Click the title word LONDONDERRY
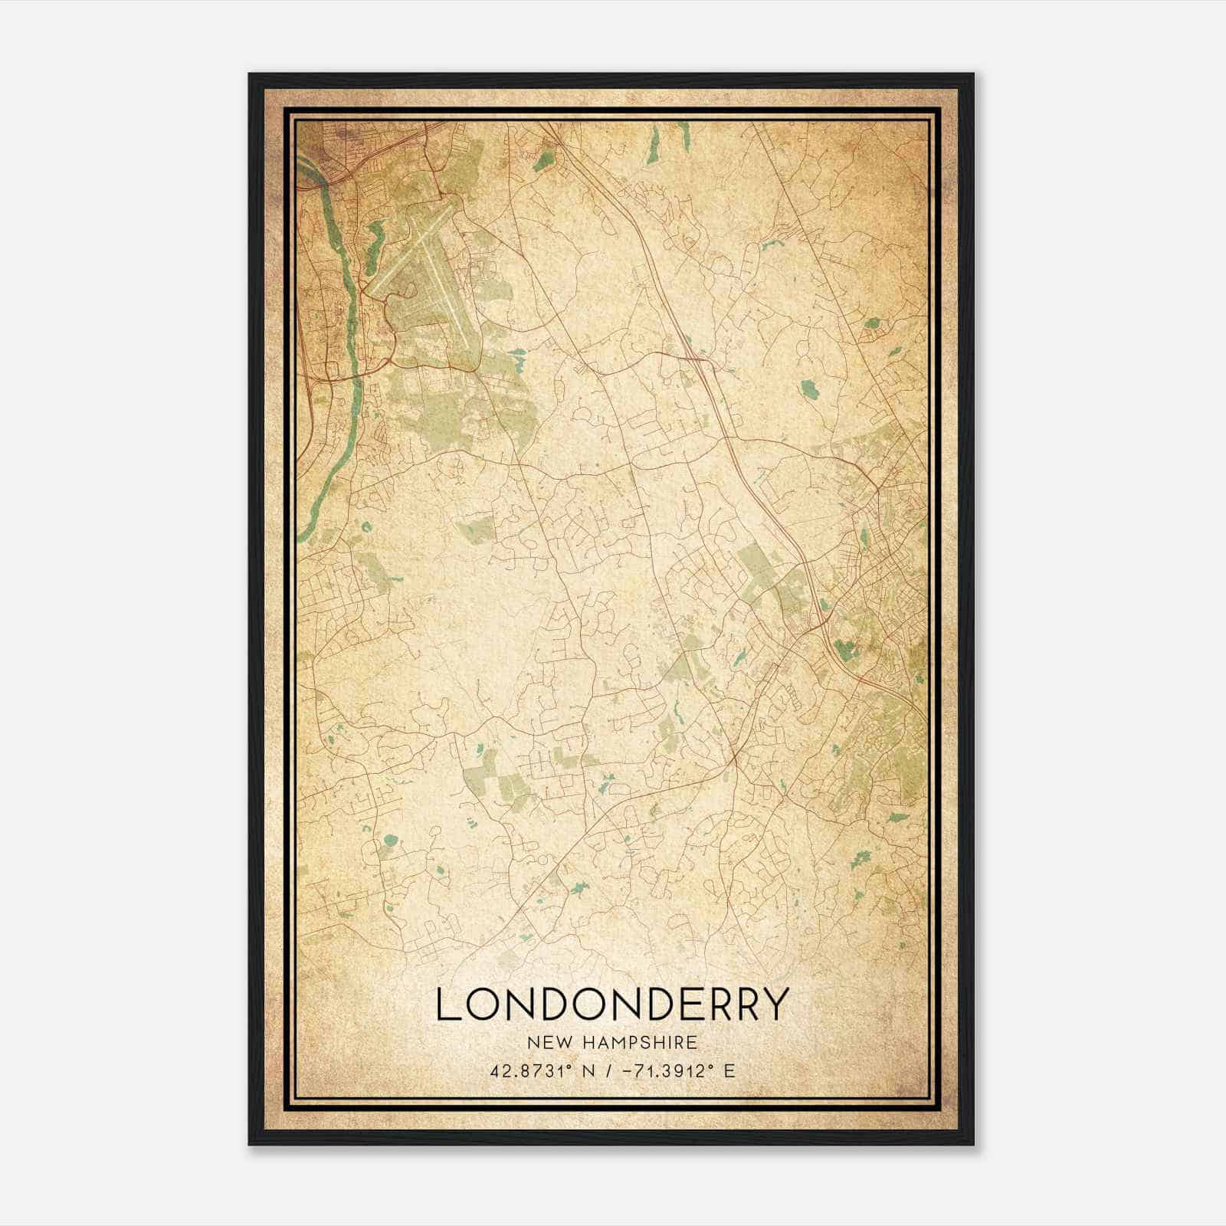click(x=612, y=1005)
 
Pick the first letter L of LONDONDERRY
click(x=447, y=1005)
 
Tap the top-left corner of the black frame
click(x=250, y=75)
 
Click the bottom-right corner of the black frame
click(x=973, y=1145)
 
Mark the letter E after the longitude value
click(x=729, y=1070)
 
